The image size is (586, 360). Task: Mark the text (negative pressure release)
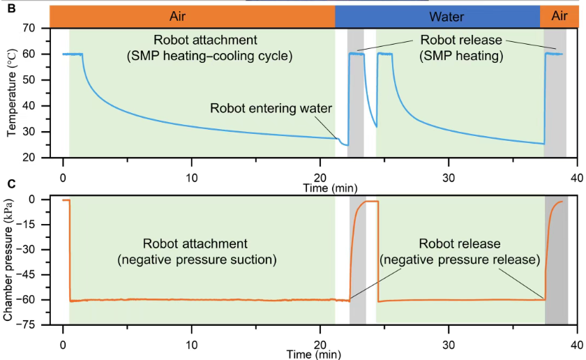pyautogui.click(x=460, y=260)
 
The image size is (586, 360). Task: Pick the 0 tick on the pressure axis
pyautogui.click(x=31, y=200)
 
